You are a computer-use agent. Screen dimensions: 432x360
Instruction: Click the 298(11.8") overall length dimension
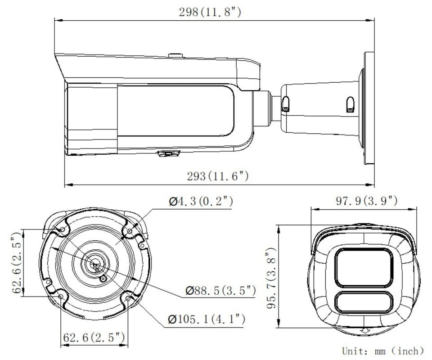click(x=210, y=12)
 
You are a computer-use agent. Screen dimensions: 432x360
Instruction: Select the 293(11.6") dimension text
click(x=218, y=176)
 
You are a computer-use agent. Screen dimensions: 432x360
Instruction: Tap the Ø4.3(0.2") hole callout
click(x=201, y=201)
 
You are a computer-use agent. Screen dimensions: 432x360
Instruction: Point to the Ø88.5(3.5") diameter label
click(x=220, y=290)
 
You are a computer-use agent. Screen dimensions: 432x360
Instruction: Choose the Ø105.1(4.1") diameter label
click(x=207, y=319)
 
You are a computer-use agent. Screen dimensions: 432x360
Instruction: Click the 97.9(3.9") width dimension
click(x=367, y=201)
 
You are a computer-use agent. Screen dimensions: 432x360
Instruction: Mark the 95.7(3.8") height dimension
click(x=271, y=278)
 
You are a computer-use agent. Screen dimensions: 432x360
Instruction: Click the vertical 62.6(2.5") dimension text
click(x=17, y=263)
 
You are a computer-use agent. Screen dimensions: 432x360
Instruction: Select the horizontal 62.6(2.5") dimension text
click(x=94, y=337)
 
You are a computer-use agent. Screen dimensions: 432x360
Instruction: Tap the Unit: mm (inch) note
click(x=383, y=351)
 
